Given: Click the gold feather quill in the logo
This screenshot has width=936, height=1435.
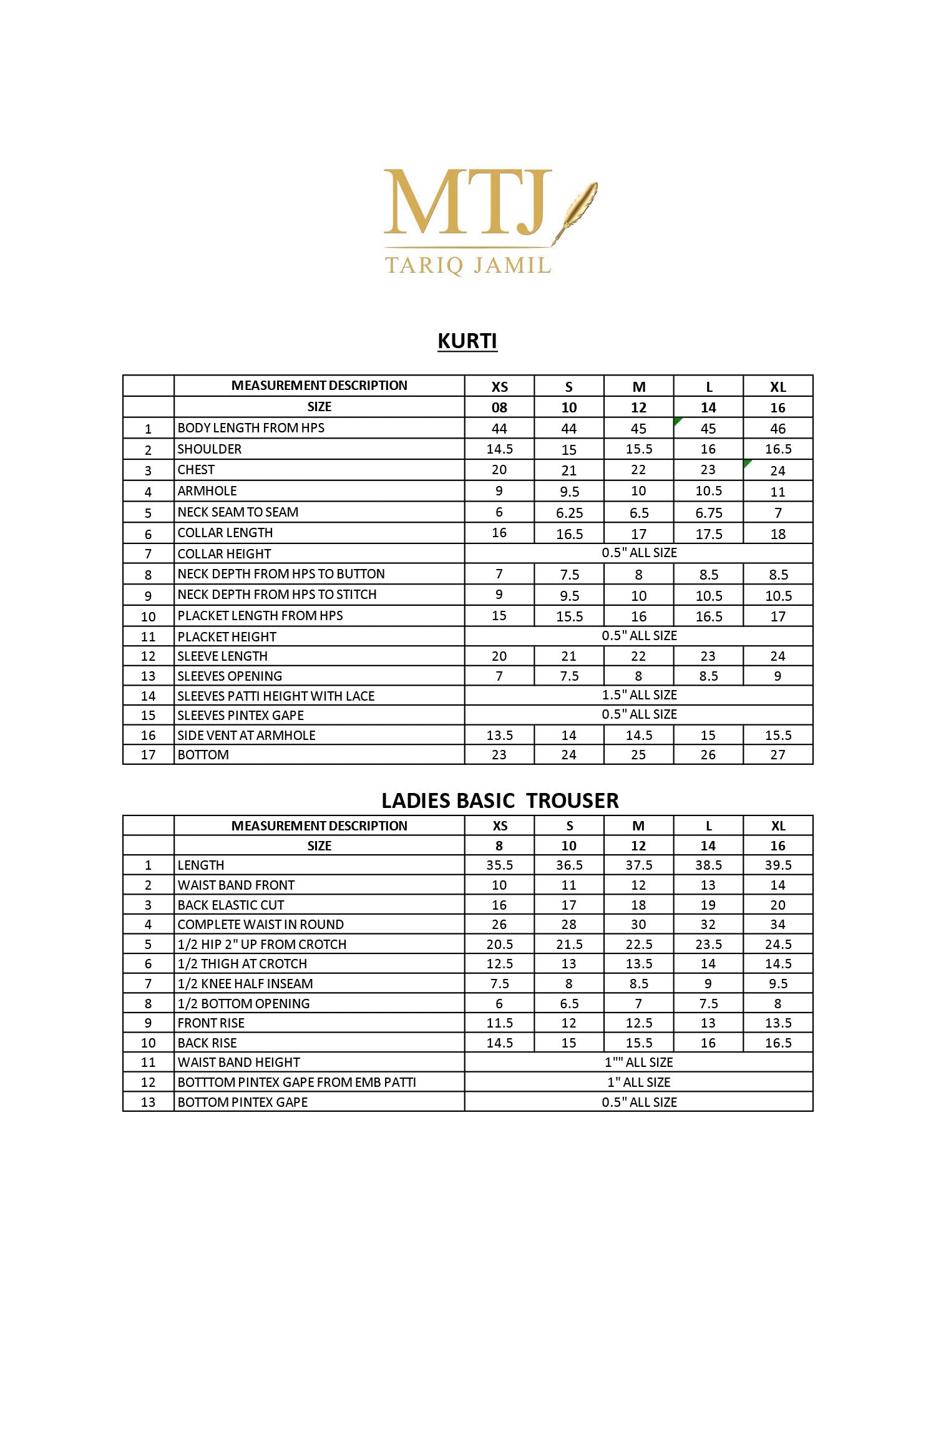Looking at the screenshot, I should click(577, 208).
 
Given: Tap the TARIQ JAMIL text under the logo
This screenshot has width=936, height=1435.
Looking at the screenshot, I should click(468, 266).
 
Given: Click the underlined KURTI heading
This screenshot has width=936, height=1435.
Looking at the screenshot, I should click(467, 341).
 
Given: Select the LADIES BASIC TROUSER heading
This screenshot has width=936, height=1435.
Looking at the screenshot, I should click(500, 800).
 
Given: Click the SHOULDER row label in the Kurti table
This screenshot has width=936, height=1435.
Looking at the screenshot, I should click(210, 449).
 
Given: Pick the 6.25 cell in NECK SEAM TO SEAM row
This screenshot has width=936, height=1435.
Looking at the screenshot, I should click(569, 513).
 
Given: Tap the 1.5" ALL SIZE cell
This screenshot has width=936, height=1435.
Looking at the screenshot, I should click(639, 695).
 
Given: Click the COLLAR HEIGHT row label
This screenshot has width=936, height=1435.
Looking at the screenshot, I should click(225, 554).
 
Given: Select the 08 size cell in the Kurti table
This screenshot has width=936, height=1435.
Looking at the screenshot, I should click(499, 407).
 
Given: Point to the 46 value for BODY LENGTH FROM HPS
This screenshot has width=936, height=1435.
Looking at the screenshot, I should click(778, 429).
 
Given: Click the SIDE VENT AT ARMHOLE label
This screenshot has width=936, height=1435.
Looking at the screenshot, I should click(246, 736).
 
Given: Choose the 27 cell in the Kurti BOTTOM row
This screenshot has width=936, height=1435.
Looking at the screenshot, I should click(778, 755).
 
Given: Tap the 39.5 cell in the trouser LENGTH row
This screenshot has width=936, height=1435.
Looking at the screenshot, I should click(778, 865).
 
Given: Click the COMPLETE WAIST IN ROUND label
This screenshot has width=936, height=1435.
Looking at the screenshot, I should click(261, 925).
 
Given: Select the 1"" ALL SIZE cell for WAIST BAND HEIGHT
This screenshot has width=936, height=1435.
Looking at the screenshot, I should click(639, 1063).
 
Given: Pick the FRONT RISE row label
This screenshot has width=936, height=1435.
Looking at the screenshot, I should click(211, 1023).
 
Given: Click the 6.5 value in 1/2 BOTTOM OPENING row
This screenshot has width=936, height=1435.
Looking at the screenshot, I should click(569, 1004).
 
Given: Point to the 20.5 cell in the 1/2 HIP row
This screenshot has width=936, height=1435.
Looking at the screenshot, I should click(499, 945).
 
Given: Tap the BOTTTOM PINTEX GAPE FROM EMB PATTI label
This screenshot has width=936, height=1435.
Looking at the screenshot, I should click(297, 1082).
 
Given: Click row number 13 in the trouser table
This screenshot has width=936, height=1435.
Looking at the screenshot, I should click(148, 1102).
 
